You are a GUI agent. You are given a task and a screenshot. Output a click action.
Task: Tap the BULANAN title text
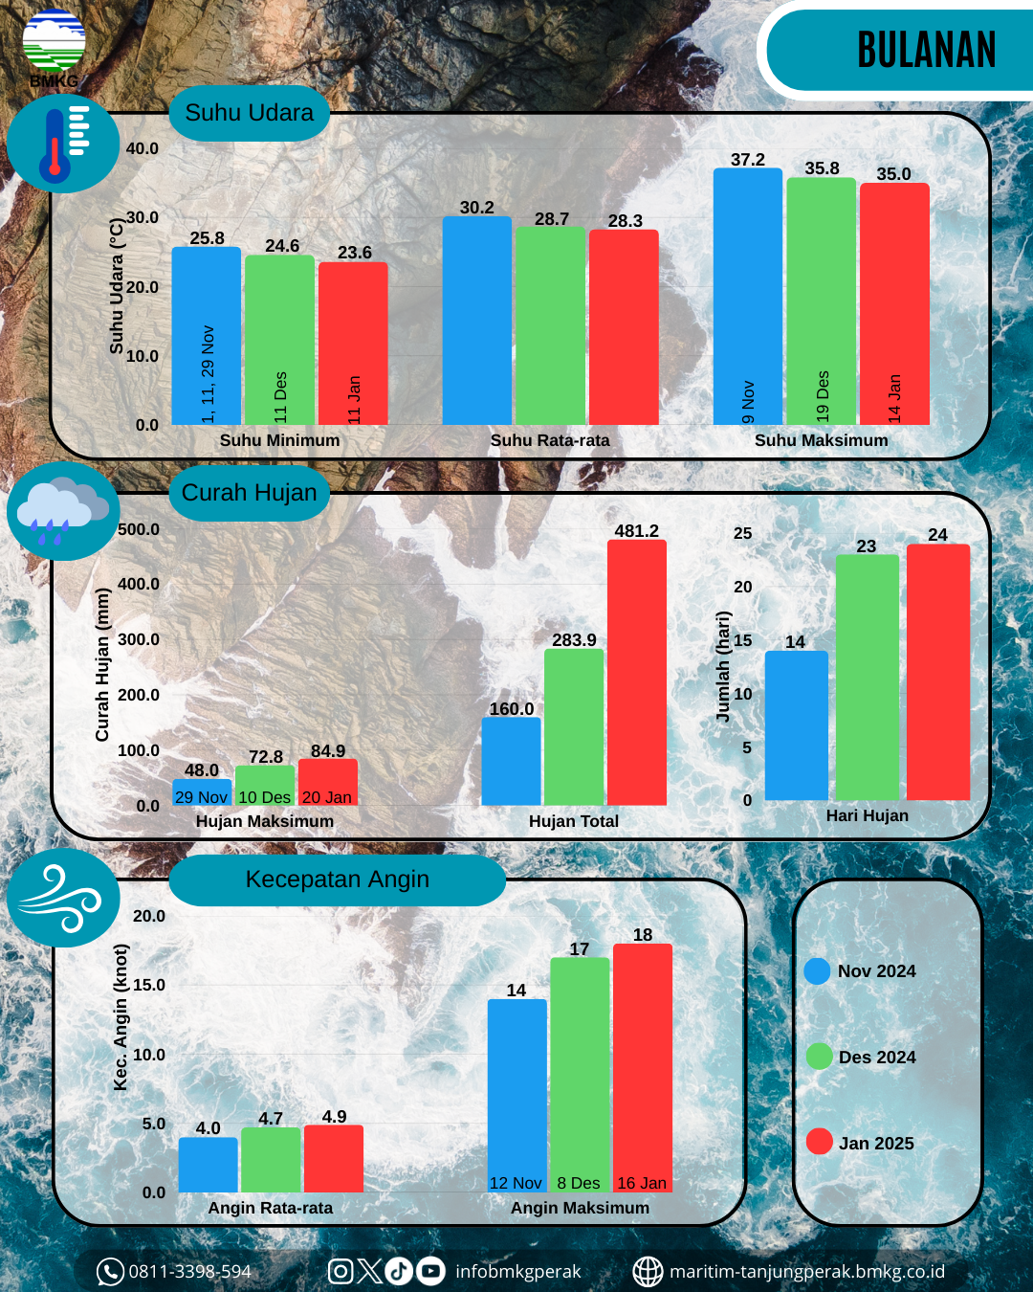click(x=926, y=51)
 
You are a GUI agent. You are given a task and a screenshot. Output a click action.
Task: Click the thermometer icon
click(x=63, y=145)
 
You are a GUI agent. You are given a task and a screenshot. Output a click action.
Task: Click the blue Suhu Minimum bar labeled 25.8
click(x=207, y=335)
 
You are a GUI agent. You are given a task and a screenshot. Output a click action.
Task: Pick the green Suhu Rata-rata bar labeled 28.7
click(x=550, y=325)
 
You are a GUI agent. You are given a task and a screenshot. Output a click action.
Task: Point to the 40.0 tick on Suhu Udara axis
click(x=143, y=148)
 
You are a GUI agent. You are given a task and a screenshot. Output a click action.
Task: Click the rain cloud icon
click(x=63, y=510)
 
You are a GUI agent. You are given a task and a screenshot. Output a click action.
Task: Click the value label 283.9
click(x=574, y=640)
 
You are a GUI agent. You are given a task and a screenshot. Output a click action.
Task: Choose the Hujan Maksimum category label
click(x=265, y=821)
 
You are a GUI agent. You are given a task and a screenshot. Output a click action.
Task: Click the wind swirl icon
click(x=63, y=898)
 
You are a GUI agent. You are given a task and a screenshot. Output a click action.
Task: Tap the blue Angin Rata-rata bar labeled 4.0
click(x=208, y=1165)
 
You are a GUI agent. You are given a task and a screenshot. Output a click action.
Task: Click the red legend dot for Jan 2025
click(x=819, y=1142)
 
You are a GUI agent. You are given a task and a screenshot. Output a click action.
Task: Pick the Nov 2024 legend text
click(x=876, y=971)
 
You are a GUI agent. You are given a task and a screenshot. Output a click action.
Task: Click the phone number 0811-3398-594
click(x=189, y=1272)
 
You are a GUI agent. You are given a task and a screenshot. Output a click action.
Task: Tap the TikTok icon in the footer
click(x=399, y=1271)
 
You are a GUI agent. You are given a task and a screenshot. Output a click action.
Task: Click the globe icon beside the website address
click(x=648, y=1272)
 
